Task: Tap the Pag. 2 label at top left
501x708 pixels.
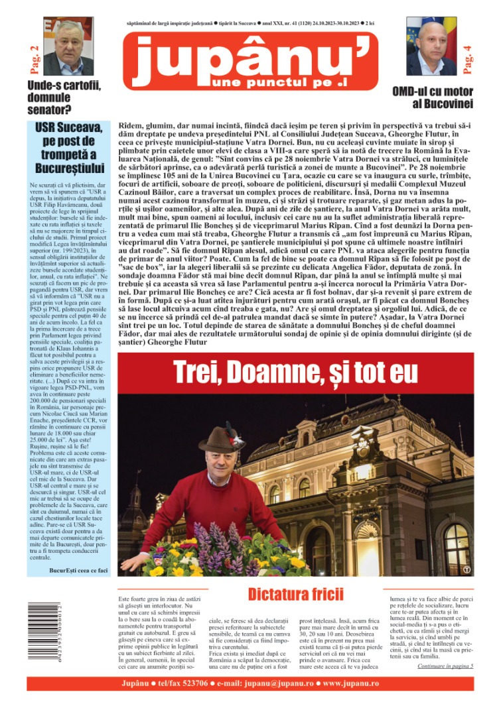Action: (x=34, y=58)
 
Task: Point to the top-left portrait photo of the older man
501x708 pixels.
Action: (x=68, y=46)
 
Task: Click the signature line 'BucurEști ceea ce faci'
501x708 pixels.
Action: (x=79, y=569)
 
